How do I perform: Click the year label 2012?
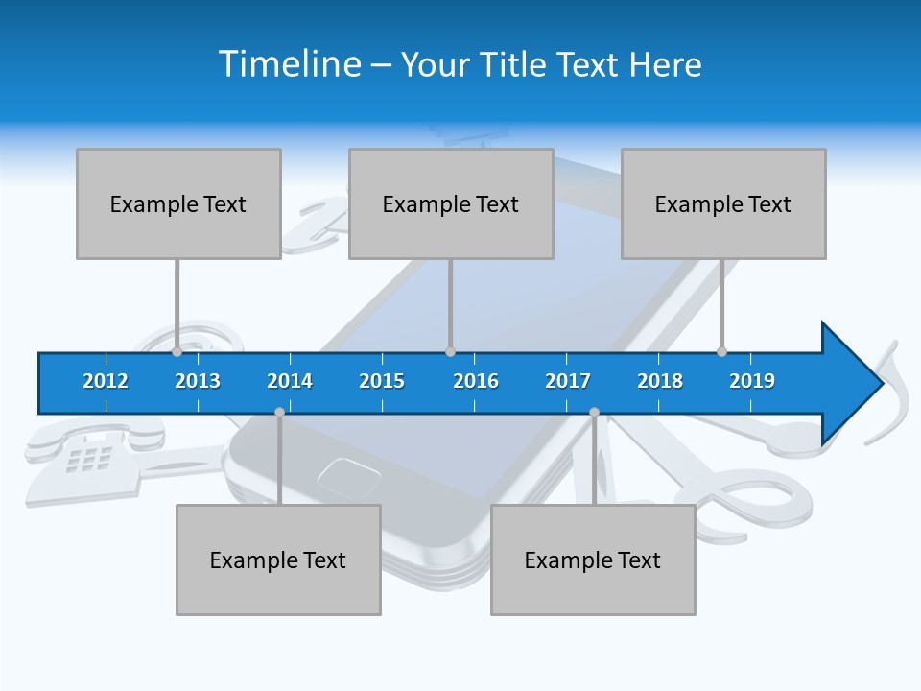tap(106, 381)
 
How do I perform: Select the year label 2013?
tap(198, 381)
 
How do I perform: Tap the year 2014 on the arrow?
tap(290, 381)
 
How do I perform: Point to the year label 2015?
tap(382, 381)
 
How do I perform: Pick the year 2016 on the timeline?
tap(476, 381)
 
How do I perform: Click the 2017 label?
tap(568, 381)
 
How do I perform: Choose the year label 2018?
tap(660, 381)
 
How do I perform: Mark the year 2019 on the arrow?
tap(752, 381)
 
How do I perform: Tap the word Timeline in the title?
tap(288, 64)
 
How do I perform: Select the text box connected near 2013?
tap(178, 203)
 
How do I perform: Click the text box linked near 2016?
tap(451, 203)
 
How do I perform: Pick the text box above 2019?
tap(723, 203)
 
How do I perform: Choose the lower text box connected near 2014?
tap(278, 560)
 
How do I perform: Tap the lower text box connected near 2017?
tap(593, 560)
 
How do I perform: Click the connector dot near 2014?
tap(279, 412)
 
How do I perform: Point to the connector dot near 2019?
tap(721, 351)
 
